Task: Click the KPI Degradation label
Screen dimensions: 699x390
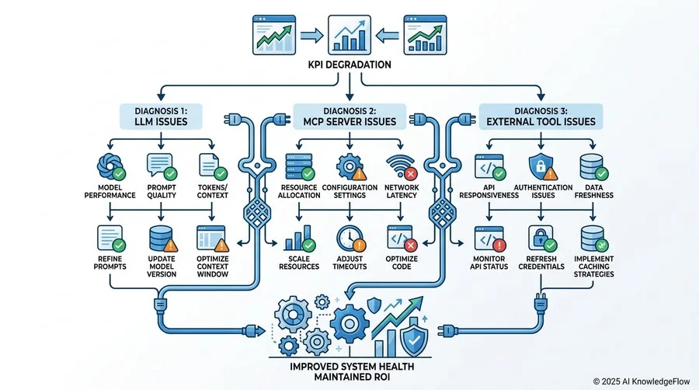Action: tap(349, 64)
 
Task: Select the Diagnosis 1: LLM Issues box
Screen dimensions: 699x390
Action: tap(161, 117)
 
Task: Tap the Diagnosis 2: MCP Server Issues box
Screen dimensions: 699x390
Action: tap(349, 117)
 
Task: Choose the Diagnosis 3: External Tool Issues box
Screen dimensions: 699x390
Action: tap(541, 117)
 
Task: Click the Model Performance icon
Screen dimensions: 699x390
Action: tap(110, 167)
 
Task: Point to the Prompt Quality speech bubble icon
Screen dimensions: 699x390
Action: tap(162, 167)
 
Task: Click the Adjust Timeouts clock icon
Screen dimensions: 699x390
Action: tap(351, 239)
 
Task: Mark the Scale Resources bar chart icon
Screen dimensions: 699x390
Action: tap(300, 239)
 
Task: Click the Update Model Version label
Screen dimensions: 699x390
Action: tap(162, 266)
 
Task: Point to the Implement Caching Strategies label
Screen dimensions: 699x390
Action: tap(594, 266)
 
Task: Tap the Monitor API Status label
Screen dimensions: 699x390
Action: tap(489, 263)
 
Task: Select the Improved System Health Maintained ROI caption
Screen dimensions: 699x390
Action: tap(352, 371)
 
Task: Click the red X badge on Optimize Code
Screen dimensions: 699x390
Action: tap(411, 245)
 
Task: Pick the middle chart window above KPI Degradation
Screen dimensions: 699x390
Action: tap(349, 35)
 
